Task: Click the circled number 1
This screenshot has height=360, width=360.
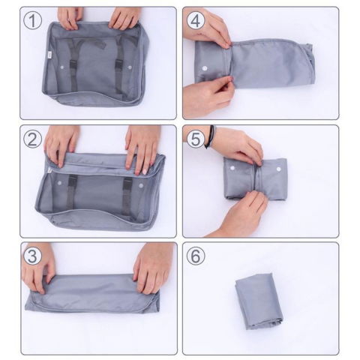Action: pos(31,21)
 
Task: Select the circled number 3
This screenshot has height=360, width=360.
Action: pos(31,256)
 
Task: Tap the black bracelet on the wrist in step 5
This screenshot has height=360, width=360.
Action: pos(209,136)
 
